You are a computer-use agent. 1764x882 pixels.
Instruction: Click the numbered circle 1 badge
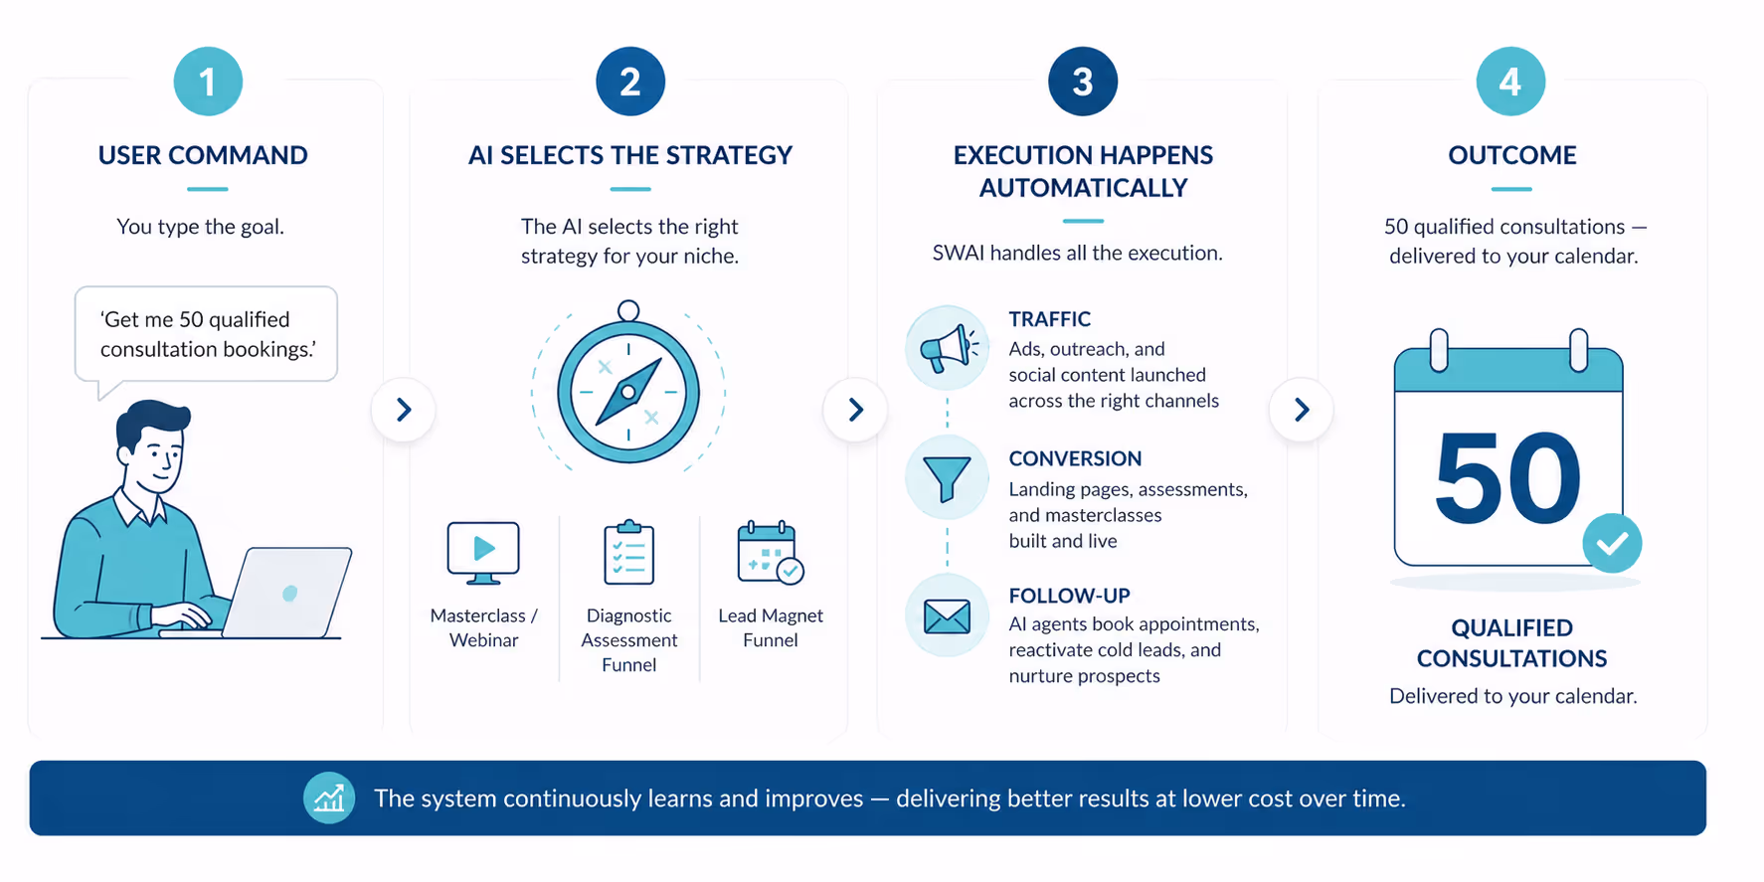pos(208,82)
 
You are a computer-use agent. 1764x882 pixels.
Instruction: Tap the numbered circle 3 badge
pos(1083,82)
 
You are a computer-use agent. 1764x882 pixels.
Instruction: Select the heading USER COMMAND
pos(203,155)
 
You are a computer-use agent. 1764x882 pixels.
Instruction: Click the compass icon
pos(628,386)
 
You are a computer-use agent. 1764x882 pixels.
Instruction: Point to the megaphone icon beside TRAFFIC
pos(948,348)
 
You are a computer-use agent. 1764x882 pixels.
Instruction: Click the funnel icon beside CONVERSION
pos(948,478)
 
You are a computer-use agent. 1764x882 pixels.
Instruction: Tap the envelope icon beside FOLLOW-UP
pos(948,617)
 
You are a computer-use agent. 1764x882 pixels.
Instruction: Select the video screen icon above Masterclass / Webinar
pos(483,553)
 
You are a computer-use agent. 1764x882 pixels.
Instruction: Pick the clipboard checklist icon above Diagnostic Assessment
pos(629,552)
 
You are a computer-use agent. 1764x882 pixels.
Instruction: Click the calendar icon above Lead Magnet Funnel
pos(771,552)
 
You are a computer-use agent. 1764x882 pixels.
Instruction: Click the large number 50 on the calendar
pos(1507,478)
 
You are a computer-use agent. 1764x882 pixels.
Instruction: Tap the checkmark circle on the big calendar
pos(1612,543)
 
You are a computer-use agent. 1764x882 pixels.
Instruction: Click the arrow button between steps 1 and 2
pos(404,410)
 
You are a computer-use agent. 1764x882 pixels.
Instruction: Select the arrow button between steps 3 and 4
pos(1302,410)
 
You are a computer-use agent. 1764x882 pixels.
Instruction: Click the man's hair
pos(151,424)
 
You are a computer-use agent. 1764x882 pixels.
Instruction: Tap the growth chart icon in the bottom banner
pos(329,797)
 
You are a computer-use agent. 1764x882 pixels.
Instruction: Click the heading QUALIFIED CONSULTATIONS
pos(1511,643)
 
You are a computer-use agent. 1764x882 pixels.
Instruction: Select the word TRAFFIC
pos(1050,319)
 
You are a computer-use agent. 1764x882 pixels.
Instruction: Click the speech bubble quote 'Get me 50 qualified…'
pos(208,334)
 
